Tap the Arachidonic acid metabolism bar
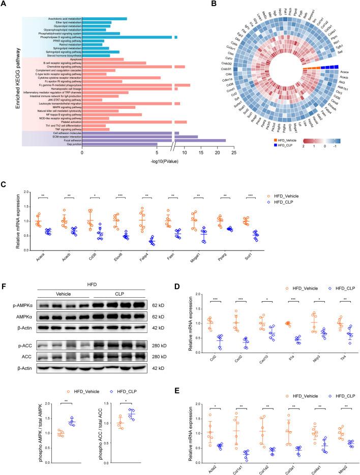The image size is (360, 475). pyautogui.click(x=104, y=19)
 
